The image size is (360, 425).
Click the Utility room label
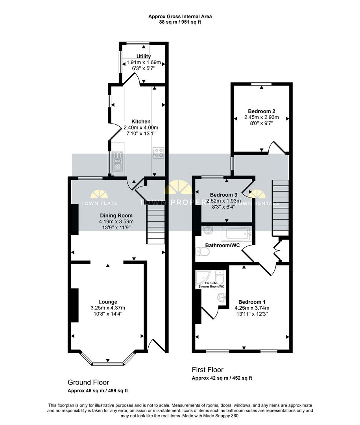(143, 56)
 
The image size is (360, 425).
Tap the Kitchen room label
(141, 122)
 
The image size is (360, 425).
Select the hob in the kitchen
(158, 153)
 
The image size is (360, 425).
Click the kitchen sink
(117, 162)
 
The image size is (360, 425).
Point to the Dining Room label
(116, 216)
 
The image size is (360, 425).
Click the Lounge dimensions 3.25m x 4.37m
(108, 308)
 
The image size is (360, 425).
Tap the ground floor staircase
(156, 224)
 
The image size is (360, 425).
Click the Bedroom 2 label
(262, 111)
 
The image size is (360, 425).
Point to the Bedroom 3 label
(223, 195)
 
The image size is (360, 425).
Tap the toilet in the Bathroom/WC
(202, 252)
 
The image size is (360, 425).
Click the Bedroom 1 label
(252, 302)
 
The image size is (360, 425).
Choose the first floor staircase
(280, 208)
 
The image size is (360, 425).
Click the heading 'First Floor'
(208, 370)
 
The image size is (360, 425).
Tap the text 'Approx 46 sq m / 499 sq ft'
(98, 391)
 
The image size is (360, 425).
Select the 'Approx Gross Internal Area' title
(180, 17)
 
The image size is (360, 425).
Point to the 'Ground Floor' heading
(88, 382)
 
